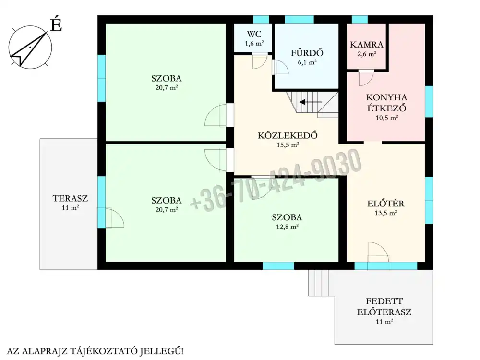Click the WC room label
[x=254, y=34]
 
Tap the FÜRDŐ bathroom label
[x=307, y=53]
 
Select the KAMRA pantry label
[x=366, y=45]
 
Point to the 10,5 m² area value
[x=386, y=118]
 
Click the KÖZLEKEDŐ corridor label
[x=288, y=135]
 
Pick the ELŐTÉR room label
[x=386, y=203]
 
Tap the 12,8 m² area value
[x=287, y=227]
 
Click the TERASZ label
[x=70, y=198]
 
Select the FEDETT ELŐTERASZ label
[x=384, y=307]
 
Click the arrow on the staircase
[x=311, y=102]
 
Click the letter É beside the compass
[x=56, y=24]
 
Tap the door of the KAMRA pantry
[x=366, y=78]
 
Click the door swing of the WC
[x=260, y=61]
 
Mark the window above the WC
[x=261, y=20]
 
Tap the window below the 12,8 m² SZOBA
[x=278, y=266]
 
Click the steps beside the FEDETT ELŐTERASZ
[x=318, y=283]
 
